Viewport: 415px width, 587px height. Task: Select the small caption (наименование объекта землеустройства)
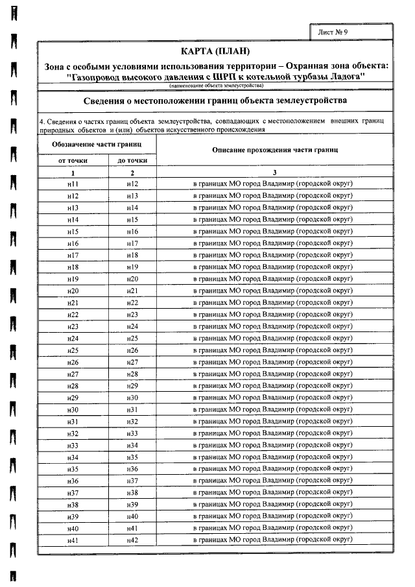[216, 86]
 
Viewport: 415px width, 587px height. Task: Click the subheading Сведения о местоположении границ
[216, 101]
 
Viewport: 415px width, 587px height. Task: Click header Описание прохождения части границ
[275, 150]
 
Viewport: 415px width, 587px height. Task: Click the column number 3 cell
[275, 173]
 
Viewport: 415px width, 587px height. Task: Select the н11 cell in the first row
[73, 184]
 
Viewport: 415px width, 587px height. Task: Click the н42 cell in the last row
[132, 540]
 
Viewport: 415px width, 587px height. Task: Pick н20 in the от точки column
[73, 291]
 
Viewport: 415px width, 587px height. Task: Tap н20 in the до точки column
[132, 279]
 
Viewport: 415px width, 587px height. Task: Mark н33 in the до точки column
[132, 433]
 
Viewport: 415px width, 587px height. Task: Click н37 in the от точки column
[73, 492]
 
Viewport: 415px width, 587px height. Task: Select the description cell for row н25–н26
[275, 350]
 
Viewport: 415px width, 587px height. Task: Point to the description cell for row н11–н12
[275, 184]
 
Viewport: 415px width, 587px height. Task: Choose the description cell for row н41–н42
[275, 540]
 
